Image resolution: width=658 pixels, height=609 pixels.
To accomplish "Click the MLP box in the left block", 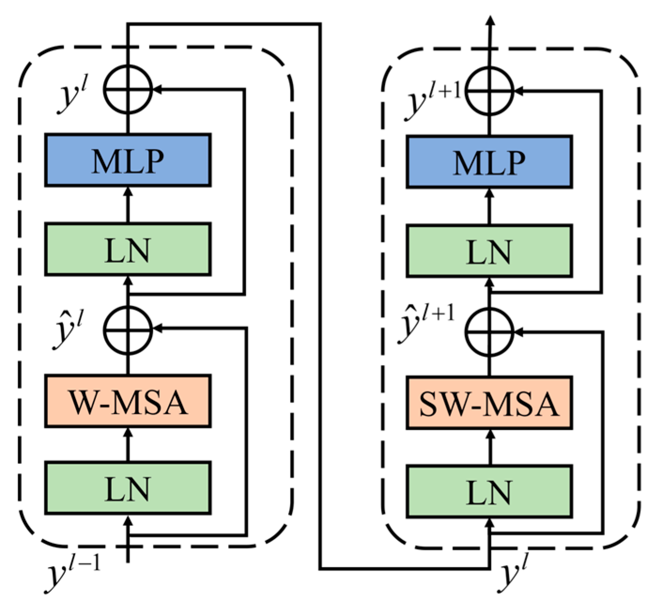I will [128, 161].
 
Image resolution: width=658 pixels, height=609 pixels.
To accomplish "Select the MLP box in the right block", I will [489, 162].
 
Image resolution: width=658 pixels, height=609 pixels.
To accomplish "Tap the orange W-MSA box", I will [128, 401].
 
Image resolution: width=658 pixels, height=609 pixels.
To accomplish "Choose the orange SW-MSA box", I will [489, 403].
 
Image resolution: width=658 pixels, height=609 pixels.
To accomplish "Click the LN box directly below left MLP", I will [128, 249].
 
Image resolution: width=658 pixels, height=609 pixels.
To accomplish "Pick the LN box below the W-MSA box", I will [128, 488].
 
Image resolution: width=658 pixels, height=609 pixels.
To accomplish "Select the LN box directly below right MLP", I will [489, 251].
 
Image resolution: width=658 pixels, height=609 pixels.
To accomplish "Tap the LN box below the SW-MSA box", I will [489, 492].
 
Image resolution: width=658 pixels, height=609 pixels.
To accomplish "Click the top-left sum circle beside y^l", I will [128, 89].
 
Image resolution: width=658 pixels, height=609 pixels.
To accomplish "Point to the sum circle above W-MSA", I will [128, 329].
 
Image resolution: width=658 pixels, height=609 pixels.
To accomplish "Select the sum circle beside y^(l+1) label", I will [490, 91].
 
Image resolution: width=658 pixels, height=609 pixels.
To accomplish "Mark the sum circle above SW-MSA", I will [489, 331].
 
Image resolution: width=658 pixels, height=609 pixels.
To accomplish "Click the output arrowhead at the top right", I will [490, 20].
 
